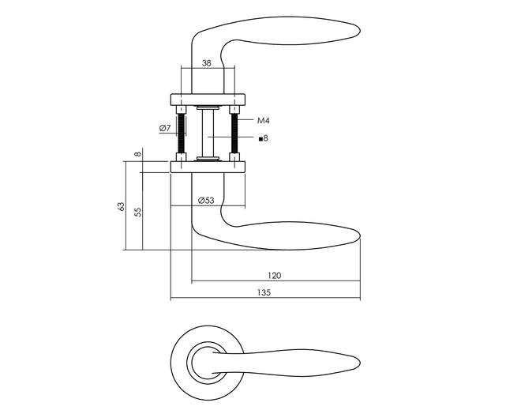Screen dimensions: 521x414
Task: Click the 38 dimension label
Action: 206,63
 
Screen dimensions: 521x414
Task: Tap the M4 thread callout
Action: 264,121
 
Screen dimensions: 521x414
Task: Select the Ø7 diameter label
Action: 165,128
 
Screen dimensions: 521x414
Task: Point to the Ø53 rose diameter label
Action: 206,201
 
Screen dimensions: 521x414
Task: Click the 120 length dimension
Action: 275,275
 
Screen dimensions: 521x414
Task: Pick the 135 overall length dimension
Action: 264,292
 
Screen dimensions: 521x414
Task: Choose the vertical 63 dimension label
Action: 122,206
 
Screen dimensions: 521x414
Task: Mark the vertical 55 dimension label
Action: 138,213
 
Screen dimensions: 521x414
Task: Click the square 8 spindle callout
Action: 263,138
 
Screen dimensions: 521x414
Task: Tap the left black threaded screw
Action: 181,134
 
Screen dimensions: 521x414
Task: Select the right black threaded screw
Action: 234,134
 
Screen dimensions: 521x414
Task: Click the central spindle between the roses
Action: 208,134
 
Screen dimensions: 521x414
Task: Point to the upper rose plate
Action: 208,100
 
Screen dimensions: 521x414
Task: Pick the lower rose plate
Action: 208,167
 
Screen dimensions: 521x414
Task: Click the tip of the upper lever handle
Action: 360,31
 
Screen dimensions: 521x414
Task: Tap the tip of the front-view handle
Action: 360,362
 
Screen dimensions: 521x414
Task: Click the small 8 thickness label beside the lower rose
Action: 138,154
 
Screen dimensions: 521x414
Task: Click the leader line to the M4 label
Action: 246,120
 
